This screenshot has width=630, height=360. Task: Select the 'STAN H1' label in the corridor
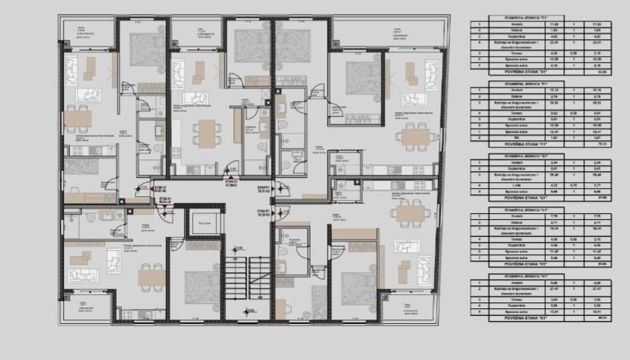pyautogui.click(x=161, y=190)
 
